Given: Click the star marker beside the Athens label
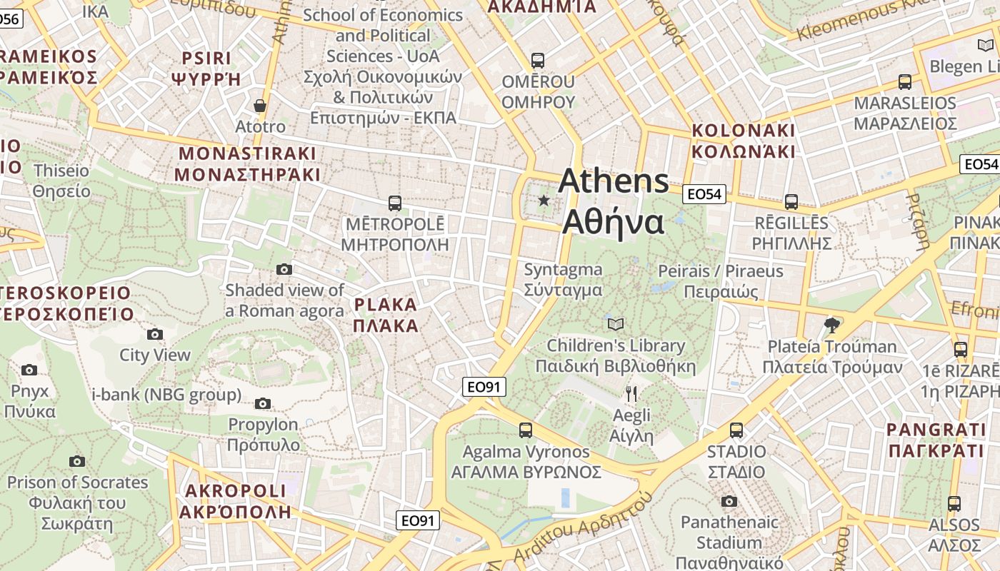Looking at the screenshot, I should tap(544, 201).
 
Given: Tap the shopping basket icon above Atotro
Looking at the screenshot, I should tap(260, 106).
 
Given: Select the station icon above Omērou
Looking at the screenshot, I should tap(538, 61).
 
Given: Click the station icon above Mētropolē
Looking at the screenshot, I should tap(394, 203).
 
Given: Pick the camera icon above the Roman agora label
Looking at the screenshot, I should tap(284, 269).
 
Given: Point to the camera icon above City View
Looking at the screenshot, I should tap(155, 334).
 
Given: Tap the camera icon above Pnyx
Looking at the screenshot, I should tap(29, 370).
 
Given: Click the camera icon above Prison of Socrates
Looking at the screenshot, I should tap(77, 461).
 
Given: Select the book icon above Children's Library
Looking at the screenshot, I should tap(616, 324).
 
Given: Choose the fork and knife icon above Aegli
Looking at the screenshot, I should tap(631, 394).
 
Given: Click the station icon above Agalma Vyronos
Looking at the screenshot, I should tap(526, 430).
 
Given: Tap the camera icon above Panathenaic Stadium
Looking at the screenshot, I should tap(729, 501).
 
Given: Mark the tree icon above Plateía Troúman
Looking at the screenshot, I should tap(831, 325).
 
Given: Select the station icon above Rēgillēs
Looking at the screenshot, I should tap(791, 202).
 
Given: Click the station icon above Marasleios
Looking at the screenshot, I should tap(905, 82).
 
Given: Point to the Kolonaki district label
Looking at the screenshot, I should tap(743, 141).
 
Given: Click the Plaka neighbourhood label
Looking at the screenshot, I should tap(386, 315).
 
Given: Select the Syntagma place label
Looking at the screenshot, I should tap(563, 280).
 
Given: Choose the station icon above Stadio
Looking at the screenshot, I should tap(736, 430).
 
